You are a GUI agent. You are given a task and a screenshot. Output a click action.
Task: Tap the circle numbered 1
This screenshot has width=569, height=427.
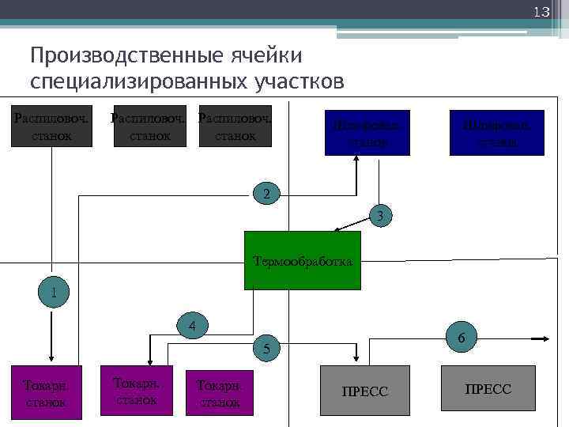tap(54, 292)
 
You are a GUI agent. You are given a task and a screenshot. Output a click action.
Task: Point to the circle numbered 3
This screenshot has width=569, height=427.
tap(379, 215)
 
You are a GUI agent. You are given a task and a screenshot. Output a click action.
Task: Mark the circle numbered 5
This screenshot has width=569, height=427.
tap(267, 348)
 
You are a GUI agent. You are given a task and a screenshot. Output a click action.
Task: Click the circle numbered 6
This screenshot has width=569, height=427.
tap(460, 337)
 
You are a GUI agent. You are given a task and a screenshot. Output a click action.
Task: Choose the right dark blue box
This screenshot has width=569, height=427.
tap(497, 133)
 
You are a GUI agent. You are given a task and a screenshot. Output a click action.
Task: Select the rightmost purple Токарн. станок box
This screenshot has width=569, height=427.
tap(220, 391)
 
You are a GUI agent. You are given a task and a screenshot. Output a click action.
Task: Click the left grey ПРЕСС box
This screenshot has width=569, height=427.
tap(364, 391)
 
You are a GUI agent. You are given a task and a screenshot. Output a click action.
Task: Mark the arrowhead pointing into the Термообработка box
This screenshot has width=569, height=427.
tap(337, 230)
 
